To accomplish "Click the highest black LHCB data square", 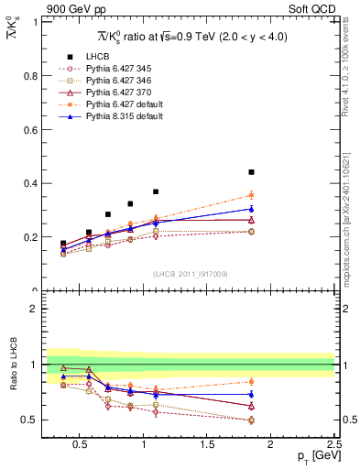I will [251, 172].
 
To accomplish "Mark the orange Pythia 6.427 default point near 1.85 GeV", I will [251, 195].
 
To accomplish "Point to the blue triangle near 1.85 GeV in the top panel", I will [251, 209].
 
